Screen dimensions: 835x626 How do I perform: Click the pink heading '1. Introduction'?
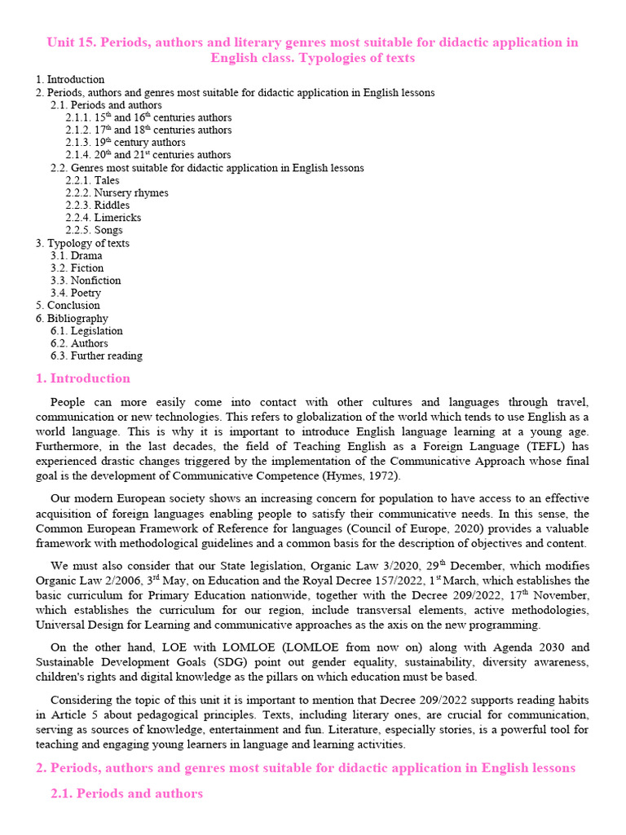[82, 378]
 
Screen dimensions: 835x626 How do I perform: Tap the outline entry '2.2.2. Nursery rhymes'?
[117, 193]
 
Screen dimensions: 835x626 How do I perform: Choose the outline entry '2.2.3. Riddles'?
[97, 205]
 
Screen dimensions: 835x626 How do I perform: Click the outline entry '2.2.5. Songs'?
[94, 230]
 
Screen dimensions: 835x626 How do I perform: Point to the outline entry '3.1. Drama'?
[76, 255]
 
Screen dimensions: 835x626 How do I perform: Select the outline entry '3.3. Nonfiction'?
[85, 281]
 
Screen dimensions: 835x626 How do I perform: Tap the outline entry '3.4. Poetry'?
[75, 293]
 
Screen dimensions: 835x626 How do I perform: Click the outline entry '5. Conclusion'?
[68, 305]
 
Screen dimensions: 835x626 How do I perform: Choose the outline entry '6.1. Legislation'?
[86, 331]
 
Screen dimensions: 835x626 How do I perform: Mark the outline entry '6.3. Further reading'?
[95, 356]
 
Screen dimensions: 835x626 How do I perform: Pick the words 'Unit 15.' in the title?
[71, 42]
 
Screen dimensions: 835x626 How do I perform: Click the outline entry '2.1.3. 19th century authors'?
[125, 143]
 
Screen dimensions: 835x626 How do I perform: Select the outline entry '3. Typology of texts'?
[82, 243]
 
